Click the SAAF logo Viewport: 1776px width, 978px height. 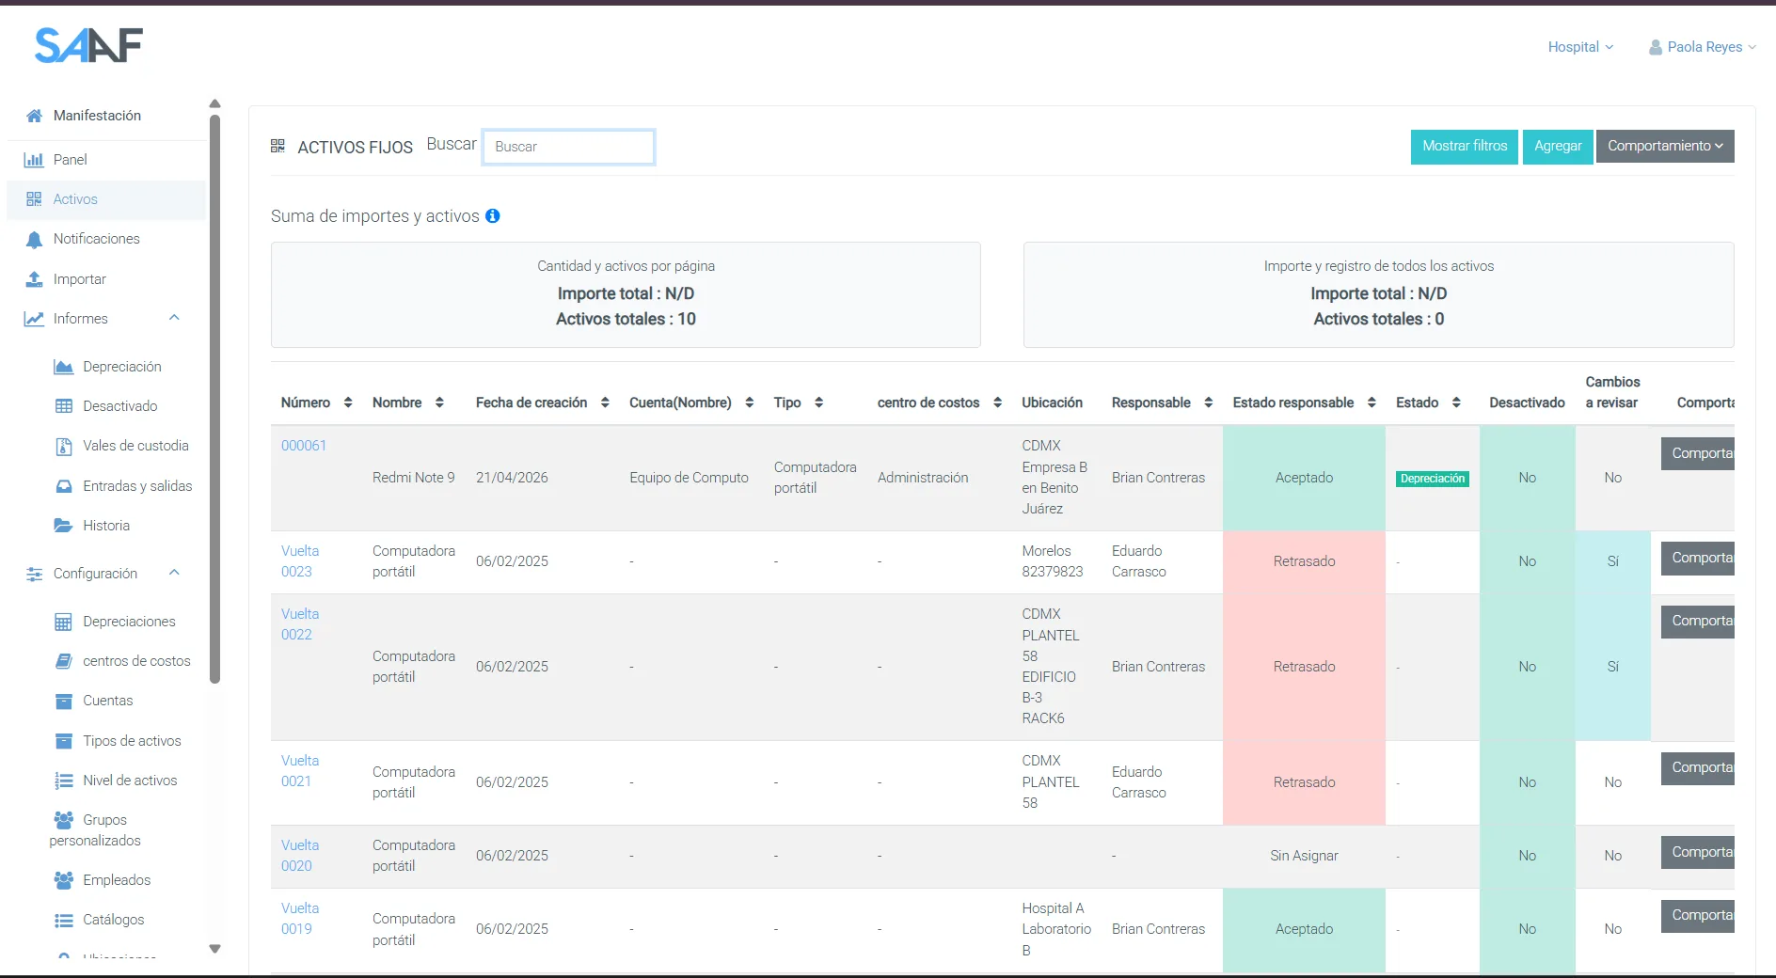[x=88, y=45]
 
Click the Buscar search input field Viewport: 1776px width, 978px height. [x=568, y=147]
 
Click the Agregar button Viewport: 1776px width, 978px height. [x=1558, y=146]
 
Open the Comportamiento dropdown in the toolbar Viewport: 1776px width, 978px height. [x=1665, y=146]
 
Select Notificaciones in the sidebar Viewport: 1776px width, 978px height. [x=96, y=239]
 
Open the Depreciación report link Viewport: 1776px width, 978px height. [x=121, y=367]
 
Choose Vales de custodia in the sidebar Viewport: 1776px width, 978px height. [x=135, y=446]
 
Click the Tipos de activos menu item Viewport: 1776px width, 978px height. [x=132, y=741]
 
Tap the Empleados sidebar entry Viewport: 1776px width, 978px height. [x=117, y=880]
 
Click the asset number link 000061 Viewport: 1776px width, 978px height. [x=304, y=446]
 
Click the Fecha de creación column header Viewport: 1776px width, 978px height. [x=531, y=402]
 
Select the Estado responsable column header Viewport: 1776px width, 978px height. [x=1293, y=402]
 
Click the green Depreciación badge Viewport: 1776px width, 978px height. [x=1433, y=479]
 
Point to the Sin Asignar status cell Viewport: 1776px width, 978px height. [x=1304, y=856]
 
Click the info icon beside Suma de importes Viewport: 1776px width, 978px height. [x=493, y=216]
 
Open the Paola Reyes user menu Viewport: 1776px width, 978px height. [x=1703, y=47]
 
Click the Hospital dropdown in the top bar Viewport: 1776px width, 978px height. [x=1580, y=47]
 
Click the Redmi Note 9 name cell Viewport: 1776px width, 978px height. [x=414, y=478]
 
